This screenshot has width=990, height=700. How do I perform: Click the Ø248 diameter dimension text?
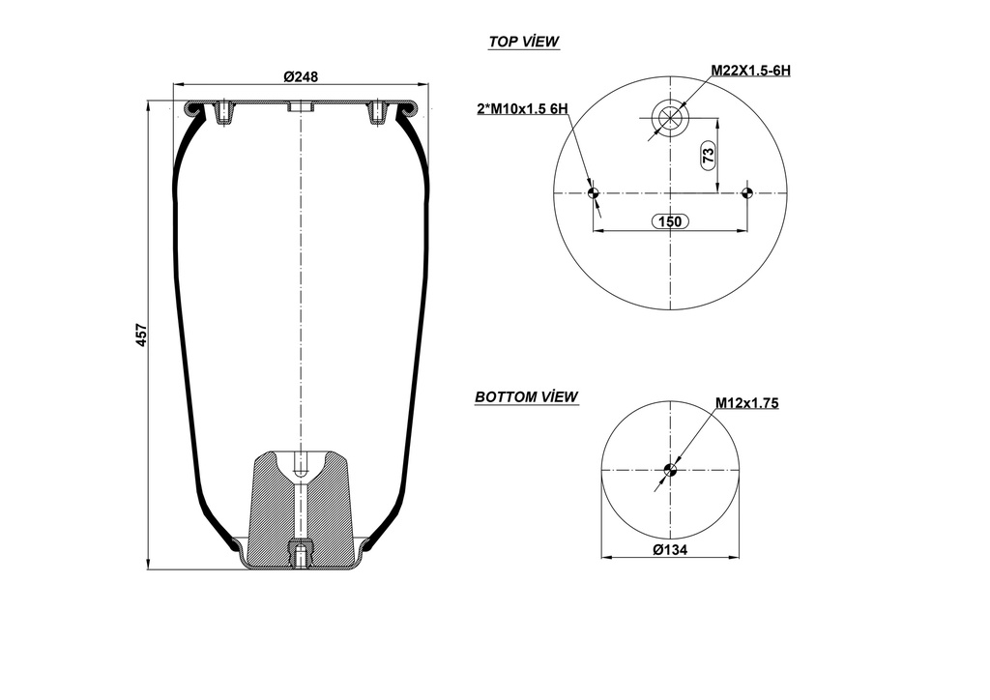click(x=301, y=76)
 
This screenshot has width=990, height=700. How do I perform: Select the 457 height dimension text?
click(x=141, y=335)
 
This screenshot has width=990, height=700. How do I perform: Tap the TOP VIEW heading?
click(x=524, y=42)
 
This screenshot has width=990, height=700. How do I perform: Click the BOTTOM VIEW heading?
click(x=526, y=396)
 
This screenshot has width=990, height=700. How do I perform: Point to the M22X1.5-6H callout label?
click(x=750, y=71)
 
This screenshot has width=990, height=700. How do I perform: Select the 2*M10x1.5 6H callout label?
click(x=521, y=109)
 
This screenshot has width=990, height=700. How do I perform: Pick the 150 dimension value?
click(x=669, y=221)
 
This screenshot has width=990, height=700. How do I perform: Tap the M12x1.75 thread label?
click(x=746, y=403)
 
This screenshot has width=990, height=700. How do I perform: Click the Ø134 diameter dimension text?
click(x=669, y=549)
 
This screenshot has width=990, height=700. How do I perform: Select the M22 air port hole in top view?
click(x=668, y=119)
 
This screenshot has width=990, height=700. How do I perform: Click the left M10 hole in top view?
click(x=594, y=193)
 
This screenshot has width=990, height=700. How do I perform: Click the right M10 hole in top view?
click(x=745, y=193)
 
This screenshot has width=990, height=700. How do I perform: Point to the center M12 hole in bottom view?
click(x=669, y=471)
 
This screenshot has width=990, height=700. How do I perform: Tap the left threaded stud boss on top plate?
click(x=224, y=113)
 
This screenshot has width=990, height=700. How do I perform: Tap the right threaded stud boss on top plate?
click(x=378, y=113)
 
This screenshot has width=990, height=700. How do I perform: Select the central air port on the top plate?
click(x=301, y=107)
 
